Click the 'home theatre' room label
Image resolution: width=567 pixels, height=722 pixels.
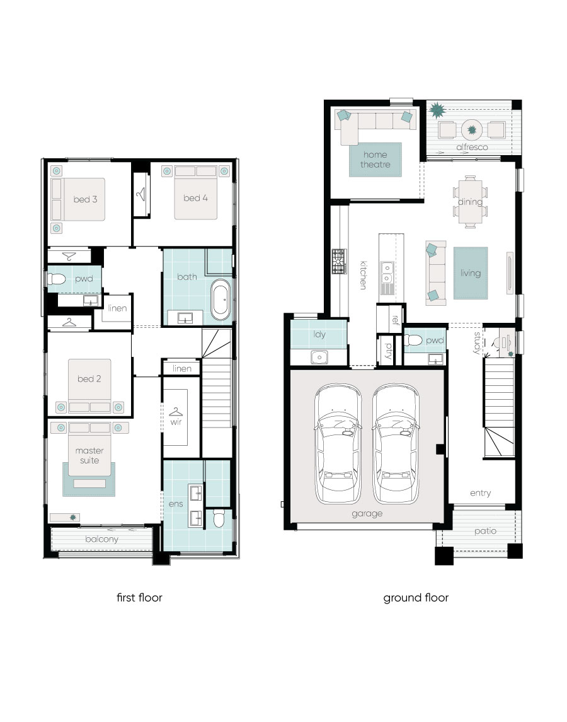coord(375,160)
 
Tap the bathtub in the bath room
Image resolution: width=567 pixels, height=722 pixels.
coord(220,300)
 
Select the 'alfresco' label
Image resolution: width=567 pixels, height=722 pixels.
coord(472,148)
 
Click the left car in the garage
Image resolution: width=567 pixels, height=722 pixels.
coord(338,444)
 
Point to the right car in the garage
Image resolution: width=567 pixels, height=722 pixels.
coord(396,444)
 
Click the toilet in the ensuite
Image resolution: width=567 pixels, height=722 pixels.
coord(219,518)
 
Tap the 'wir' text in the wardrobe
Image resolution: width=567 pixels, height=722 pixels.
coord(176,422)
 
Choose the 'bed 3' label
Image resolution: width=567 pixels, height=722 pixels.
coord(85,199)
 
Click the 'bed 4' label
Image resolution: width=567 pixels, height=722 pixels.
coord(195,198)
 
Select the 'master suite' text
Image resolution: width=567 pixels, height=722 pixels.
coord(89,455)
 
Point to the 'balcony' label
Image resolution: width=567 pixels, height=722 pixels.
coord(101,539)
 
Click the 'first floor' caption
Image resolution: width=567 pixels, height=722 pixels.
coord(139,598)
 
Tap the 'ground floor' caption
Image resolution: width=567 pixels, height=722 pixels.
coord(416,598)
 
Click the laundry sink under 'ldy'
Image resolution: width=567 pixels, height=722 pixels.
coord(319,357)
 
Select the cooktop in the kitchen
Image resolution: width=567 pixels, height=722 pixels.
coord(339,262)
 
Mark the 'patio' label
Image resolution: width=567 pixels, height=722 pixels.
coord(485,532)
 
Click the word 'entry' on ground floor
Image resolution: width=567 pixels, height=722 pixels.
coord(480,493)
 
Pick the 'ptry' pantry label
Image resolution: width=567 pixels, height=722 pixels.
coord(389,351)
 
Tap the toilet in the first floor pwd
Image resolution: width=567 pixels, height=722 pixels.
coord(57,279)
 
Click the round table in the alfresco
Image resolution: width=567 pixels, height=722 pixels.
coord(471,130)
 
